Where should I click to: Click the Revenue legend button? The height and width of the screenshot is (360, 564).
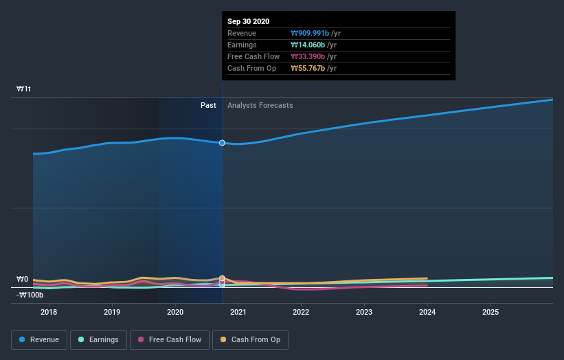click(39, 339)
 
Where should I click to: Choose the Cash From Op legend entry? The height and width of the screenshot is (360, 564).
click(251, 339)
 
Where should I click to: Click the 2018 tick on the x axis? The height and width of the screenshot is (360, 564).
click(49, 313)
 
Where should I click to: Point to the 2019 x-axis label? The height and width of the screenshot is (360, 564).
click(112, 313)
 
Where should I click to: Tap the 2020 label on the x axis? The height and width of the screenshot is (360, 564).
click(175, 313)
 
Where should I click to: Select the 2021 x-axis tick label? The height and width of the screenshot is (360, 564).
click(238, 313)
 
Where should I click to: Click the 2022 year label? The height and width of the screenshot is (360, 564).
click(301, 313)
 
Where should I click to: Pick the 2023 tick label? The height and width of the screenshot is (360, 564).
click(364, 313)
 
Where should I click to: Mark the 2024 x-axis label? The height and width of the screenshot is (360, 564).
click(427, 313)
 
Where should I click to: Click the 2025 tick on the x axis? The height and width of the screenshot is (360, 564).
click(490, 313)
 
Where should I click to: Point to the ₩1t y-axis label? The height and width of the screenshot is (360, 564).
click(24, 89)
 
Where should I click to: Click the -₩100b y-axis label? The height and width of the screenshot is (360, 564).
click(30, 295)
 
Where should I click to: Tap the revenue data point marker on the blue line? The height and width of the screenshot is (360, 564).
click(222, 143)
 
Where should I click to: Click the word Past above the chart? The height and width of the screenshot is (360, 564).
click(208, 106)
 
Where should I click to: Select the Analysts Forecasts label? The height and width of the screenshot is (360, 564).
click(260, 106)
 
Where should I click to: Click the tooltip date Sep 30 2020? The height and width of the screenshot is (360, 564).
click(249, 21)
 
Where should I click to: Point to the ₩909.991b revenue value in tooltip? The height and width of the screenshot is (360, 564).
click(310, 33)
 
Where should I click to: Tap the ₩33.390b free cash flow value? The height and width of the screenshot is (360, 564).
click(308, 56)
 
